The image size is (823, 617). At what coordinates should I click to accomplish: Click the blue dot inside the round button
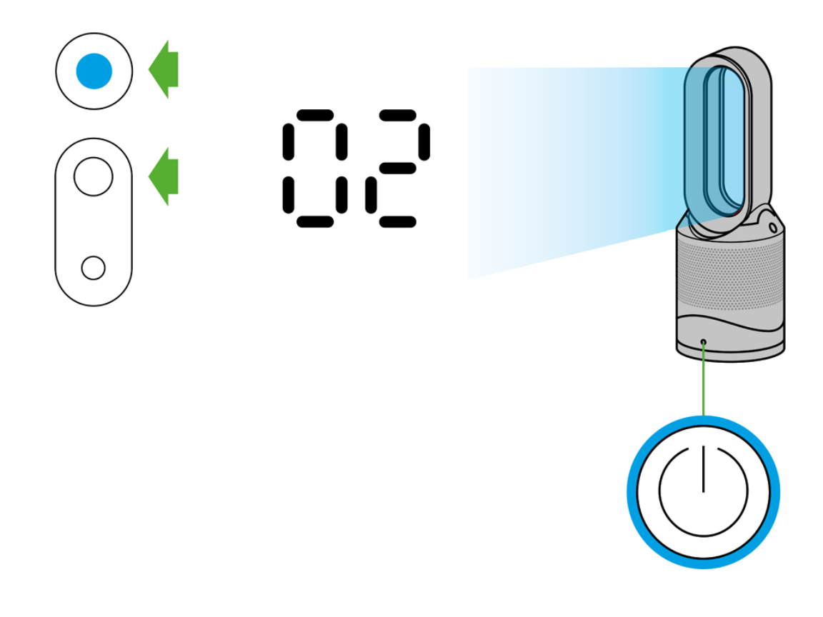click(x=94, y=71)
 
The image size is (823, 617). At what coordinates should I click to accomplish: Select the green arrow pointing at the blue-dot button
click(x=164, y=70)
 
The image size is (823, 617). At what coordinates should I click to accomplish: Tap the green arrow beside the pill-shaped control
click(x=164, y=176)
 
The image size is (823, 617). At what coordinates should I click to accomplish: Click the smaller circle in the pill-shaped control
click(x=94, y=268)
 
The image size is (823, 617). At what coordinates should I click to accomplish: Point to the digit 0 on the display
click(x=314, y=169)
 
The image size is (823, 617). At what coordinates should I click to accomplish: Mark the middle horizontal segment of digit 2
click(x=396, y=169)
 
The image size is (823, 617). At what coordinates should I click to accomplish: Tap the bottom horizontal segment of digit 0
click(x=314, y=221)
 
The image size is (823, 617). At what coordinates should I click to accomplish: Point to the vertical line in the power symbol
click(x=703, y=468)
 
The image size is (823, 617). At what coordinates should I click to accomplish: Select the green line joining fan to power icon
click(x=704, y=378)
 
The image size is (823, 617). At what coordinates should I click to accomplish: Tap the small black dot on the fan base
click(x=704, y=342)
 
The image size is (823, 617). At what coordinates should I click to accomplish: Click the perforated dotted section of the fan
click(x=729, y=275)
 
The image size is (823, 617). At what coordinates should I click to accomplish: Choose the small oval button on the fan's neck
click(x=772, y=226)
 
